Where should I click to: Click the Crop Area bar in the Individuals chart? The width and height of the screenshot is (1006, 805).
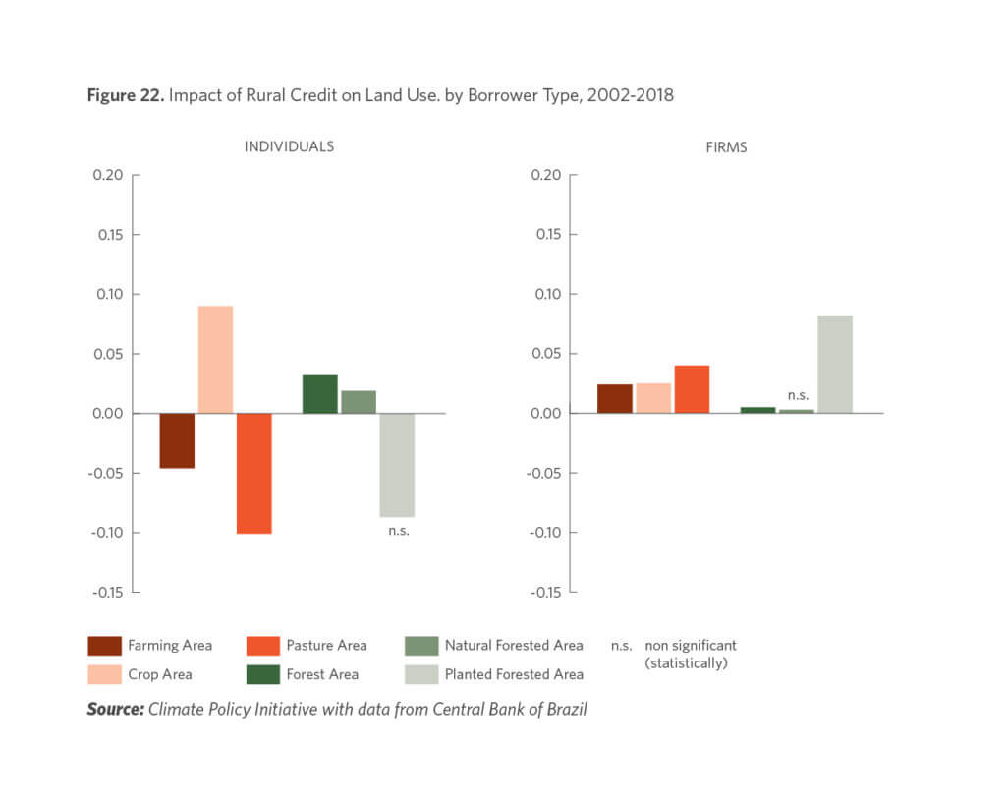click(215, 360)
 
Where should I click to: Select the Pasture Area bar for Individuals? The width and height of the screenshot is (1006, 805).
click(253, 473)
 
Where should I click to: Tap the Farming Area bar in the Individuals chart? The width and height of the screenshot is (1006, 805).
click(177, 440)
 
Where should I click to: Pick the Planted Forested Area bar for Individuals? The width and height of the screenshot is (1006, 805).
click(397, 465)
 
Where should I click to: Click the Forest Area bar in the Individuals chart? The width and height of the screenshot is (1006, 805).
click(319, 394)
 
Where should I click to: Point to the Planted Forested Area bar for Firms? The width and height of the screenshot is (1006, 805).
click(834, 364)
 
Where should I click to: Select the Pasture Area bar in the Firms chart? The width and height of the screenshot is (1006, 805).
click(692, 389)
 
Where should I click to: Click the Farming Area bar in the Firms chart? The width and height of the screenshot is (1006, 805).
click(615, 398)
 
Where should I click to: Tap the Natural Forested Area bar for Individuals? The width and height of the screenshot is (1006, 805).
click(359, 402)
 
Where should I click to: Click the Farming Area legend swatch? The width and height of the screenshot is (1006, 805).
click(104, 646)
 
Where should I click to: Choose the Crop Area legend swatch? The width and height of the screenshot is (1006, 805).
click(104, 674)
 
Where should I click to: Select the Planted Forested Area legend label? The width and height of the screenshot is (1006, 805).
click(514, 674)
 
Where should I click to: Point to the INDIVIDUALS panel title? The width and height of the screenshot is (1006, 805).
click(289, 146)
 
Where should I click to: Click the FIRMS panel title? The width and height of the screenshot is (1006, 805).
click(727, 146)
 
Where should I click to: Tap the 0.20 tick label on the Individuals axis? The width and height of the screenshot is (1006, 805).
click(108, 175)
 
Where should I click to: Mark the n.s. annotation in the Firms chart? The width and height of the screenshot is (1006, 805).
click(798, 395)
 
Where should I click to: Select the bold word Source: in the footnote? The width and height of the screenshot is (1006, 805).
click(115, 709)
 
